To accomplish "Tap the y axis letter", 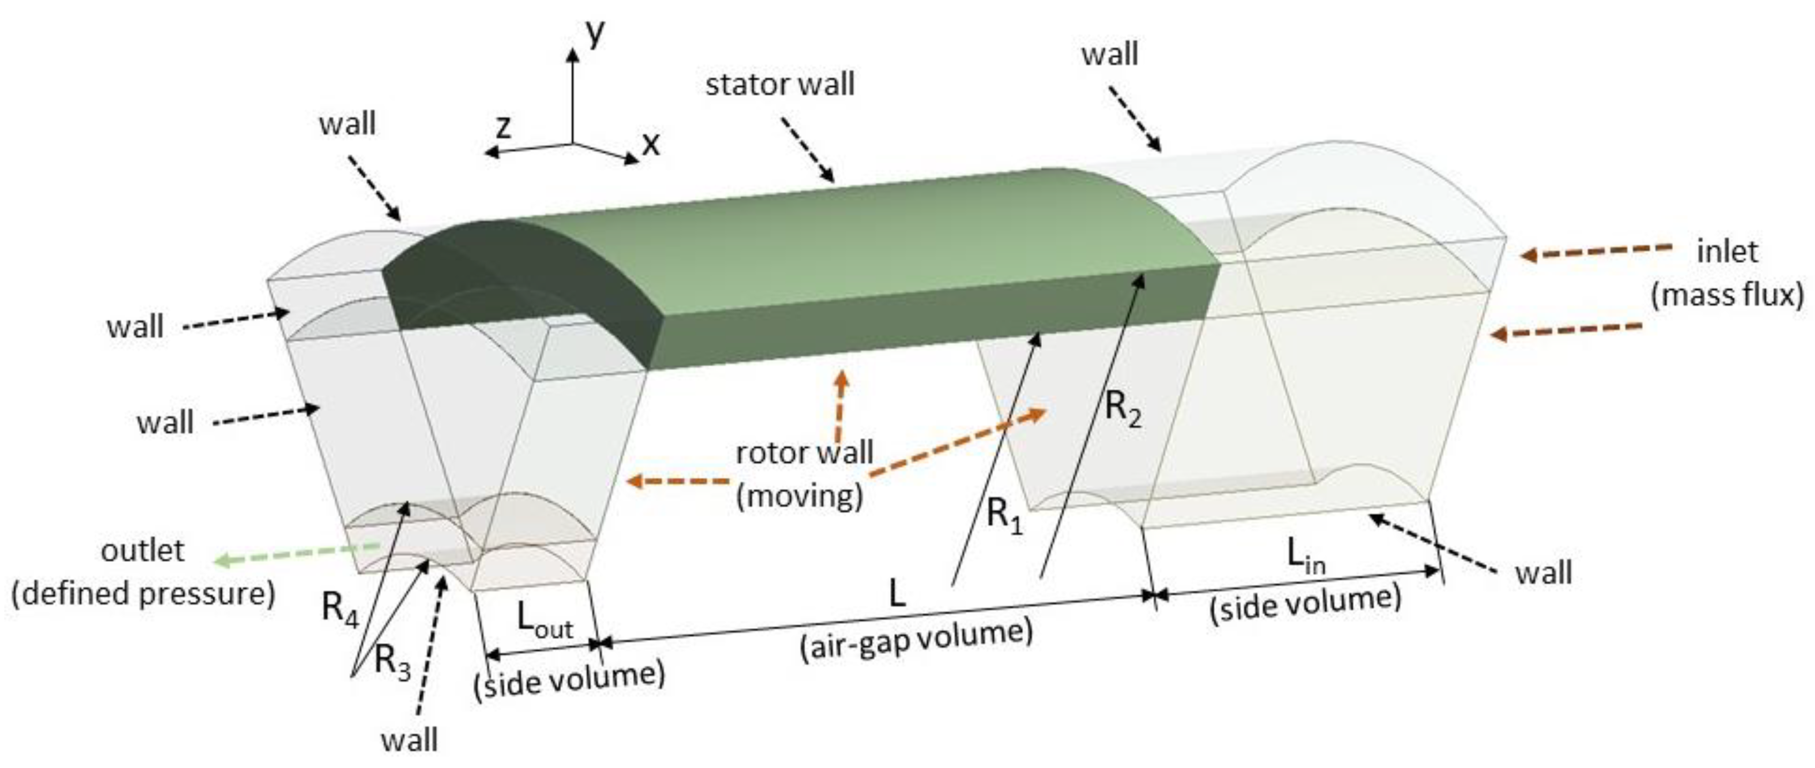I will [x=595, y=33].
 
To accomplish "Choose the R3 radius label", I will [x=392, y=662].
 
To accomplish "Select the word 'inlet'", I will [x=1727, y=252].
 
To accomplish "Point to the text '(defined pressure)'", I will [x=143, y=594].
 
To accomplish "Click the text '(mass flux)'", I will [x=1728, y=295].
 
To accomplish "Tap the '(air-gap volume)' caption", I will [x=916, y=638].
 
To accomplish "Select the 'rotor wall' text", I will [x=805, y=453].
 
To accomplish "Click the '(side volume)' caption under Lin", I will [x=1305, y=603].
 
